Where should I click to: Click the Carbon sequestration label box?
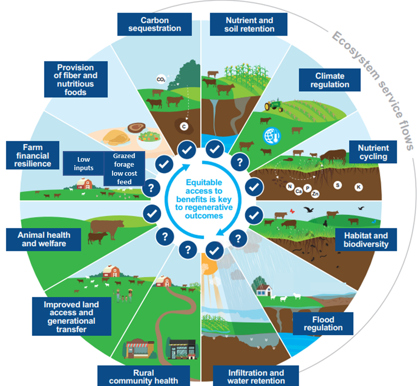click(x=154, y=25)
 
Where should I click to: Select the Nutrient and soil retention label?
click(x=249, y=25)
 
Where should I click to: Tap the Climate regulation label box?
click(x=330, y=80)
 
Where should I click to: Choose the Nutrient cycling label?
click(x=373, y=152)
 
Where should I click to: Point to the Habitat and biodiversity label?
click(x=366, y=239)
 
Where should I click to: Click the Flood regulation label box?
click(x=327, y=323)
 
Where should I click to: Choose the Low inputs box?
click(x=83, y=164)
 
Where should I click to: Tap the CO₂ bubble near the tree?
click(x=161, y=79)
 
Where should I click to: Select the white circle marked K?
click(x=359, y=187)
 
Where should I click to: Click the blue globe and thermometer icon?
click(x=270, y=135)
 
